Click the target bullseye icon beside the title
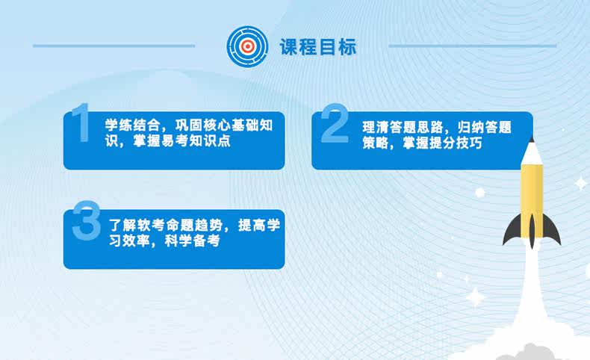point(247,46)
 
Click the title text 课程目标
point(318,47)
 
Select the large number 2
point(335,123)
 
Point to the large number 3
point(86,220)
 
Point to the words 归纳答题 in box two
point(485,127)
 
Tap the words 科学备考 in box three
point(192,241)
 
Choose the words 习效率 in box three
point(130,241)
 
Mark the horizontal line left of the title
point(114,46)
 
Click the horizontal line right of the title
point(472,46)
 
